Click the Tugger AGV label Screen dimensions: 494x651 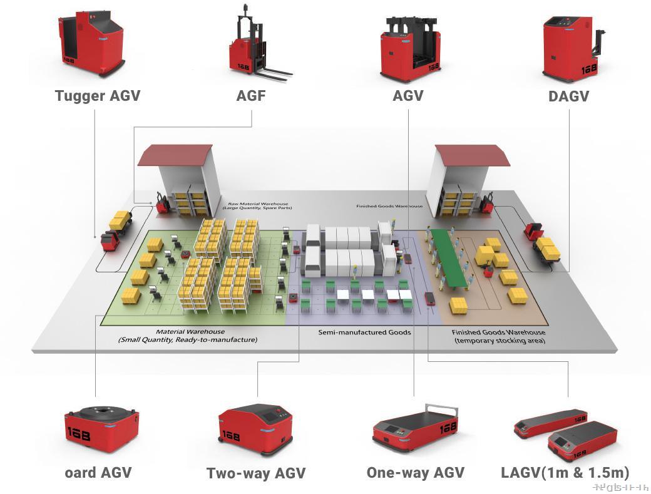tap(97, 96)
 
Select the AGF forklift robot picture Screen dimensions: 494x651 tap(254, 47)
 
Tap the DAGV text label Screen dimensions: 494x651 tap(568, 96)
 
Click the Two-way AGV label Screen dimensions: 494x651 tap(255, 473)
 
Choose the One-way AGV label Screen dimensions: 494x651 tap(416, 472)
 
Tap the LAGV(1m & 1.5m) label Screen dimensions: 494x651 tap(565, 472)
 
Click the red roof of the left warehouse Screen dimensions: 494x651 tap(175, 155)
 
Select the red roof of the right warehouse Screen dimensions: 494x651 tap(472, 155)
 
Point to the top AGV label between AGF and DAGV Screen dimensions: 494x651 tap(408, 96)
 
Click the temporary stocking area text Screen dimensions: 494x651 tap(498, 341)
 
